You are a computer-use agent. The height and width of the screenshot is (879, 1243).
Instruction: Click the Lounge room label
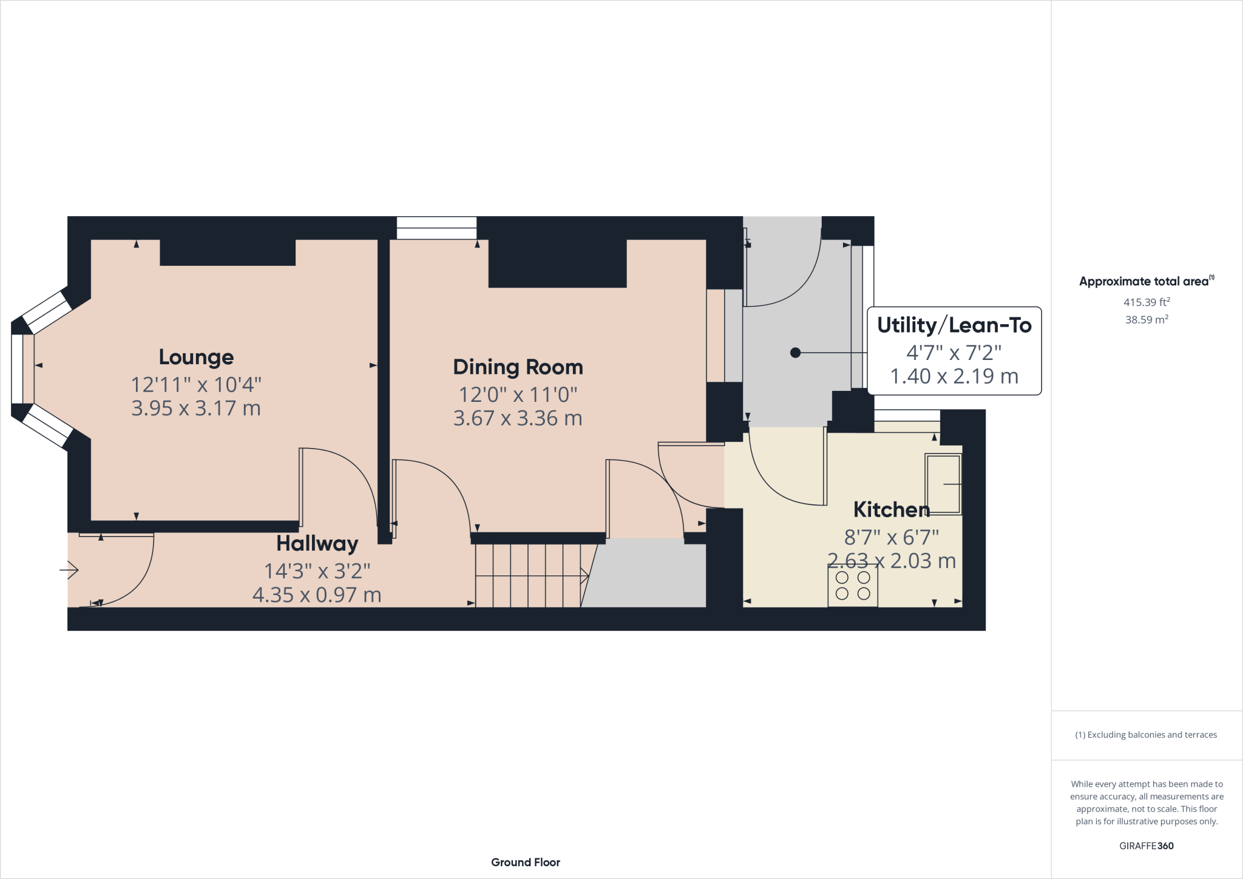point(196,357)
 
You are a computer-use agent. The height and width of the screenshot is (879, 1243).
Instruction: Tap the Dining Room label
point(518,367)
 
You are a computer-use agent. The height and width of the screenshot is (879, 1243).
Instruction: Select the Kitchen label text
point(891,509)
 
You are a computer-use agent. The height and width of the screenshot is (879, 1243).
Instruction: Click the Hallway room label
point(317,543)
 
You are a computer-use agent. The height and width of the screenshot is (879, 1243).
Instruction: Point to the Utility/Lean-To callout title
point(954,325)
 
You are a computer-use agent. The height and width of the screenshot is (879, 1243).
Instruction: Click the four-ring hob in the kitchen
point(853,586)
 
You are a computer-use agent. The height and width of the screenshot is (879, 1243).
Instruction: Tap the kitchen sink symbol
point(943,484)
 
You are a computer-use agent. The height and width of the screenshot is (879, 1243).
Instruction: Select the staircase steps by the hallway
point(528,575)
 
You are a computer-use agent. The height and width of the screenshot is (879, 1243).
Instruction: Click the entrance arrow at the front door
point(69,570)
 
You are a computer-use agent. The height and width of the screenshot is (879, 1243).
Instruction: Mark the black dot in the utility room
point(795,353)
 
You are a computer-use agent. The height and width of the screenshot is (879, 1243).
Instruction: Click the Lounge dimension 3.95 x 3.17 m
point(196,408)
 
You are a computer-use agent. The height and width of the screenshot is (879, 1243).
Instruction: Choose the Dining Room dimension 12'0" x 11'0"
point(518,395)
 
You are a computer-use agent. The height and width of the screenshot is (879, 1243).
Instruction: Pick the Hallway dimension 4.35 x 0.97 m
point(317,595)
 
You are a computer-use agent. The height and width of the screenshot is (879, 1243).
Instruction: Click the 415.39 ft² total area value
point(1146,302)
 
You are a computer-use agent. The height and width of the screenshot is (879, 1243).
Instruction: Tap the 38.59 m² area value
point(1146,319)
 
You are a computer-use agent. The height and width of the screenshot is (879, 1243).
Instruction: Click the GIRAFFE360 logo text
point(1146,846)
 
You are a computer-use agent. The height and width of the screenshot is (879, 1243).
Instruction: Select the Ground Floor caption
point(526,862)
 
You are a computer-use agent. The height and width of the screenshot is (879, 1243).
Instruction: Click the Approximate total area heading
point(1146,281)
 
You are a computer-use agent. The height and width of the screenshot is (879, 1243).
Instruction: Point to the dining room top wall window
point(436,228)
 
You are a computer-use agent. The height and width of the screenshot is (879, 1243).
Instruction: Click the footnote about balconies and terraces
point(1146,735)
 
